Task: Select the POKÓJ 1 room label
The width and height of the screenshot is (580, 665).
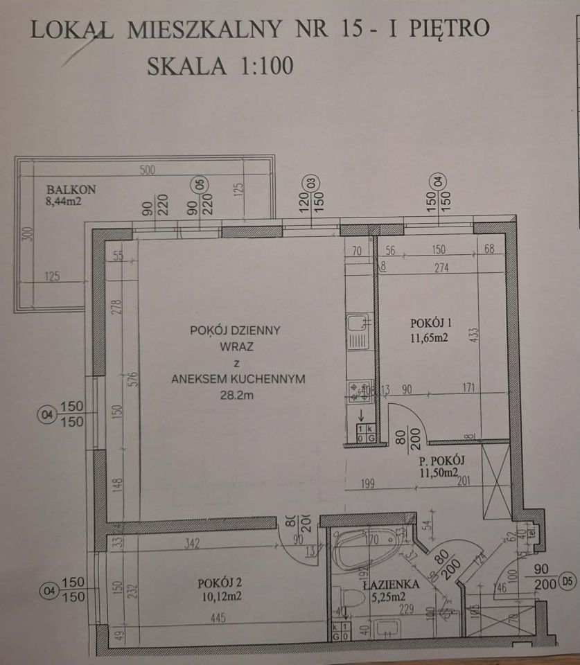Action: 431,322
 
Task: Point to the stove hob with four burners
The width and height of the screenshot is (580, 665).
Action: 359,393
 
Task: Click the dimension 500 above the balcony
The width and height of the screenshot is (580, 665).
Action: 148,170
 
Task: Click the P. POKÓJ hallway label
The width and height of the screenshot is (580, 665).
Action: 439,460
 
